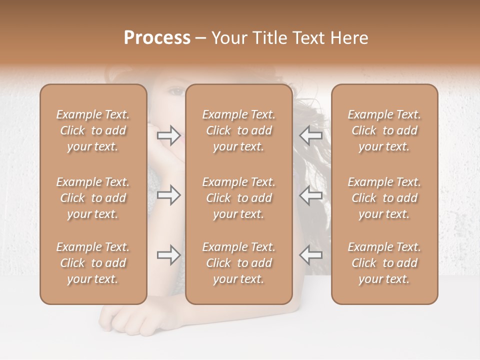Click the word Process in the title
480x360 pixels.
157,38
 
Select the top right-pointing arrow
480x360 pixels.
168,135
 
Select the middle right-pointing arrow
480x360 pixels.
168,195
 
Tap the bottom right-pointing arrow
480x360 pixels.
168,255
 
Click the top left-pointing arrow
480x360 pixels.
310,135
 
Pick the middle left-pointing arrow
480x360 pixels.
310,195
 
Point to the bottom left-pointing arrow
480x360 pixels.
310,255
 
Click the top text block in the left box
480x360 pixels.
93,130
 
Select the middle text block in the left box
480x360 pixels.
93,198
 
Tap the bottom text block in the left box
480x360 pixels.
93,263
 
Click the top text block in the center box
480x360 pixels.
239,130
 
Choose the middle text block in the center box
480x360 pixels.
239,198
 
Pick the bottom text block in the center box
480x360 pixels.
239,263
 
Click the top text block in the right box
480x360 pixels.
384,130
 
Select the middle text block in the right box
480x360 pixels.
384,198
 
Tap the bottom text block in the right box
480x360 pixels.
384,263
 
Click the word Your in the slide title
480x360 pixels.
228,38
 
